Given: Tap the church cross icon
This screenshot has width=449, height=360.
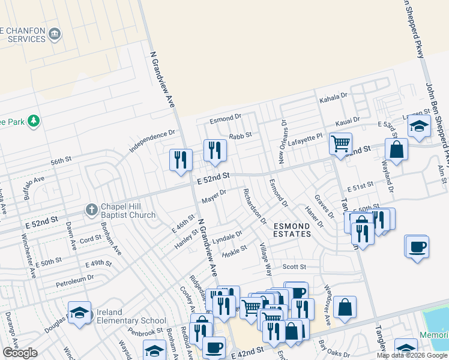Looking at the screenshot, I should [x=91, y=209].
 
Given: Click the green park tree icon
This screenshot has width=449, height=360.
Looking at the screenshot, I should [x=34, y=121].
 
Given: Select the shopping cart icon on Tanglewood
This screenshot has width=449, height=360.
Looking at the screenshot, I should [x=340, y=144].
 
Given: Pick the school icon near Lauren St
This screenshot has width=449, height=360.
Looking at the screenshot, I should [x=418, y=127].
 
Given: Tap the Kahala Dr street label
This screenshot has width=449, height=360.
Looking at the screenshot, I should [x=334, y=96].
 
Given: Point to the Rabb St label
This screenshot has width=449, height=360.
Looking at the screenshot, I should [x=240, y=136].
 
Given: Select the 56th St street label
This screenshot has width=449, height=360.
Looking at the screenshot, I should [x=61, y=161].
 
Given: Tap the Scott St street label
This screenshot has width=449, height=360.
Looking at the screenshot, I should [x=294, y=267].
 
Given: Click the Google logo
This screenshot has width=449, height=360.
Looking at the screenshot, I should [x=20, y=353].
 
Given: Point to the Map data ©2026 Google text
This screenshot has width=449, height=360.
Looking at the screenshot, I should [x=412, y=355].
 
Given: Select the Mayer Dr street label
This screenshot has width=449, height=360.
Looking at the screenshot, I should [x=214, y=195].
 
